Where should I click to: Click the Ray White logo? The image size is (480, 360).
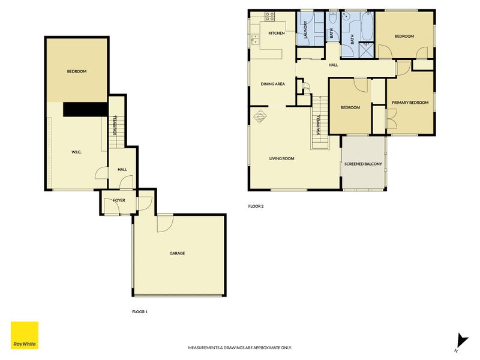(24, 335)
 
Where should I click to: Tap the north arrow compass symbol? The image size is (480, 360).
(461, 343)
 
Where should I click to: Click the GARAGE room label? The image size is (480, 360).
(177, 253)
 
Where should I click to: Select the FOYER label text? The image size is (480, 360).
(119, 200)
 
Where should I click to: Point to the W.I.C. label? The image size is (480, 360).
(76, 151)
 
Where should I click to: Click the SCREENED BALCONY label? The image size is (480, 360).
(363, 163)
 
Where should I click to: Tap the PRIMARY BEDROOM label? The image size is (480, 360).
(410, 103)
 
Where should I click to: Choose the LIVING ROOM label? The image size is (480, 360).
(281, 158)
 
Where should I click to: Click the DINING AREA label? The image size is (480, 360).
(272, 84)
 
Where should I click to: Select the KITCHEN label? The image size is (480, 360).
(277, 33)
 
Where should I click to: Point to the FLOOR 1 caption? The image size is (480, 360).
(140, 311)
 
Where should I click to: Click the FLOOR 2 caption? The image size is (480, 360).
(256, 206)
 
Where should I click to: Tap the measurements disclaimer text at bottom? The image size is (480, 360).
(240, 347)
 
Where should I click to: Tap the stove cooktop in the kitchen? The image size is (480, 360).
(270, 16)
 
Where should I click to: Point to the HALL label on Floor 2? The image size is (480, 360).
(333, 65)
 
